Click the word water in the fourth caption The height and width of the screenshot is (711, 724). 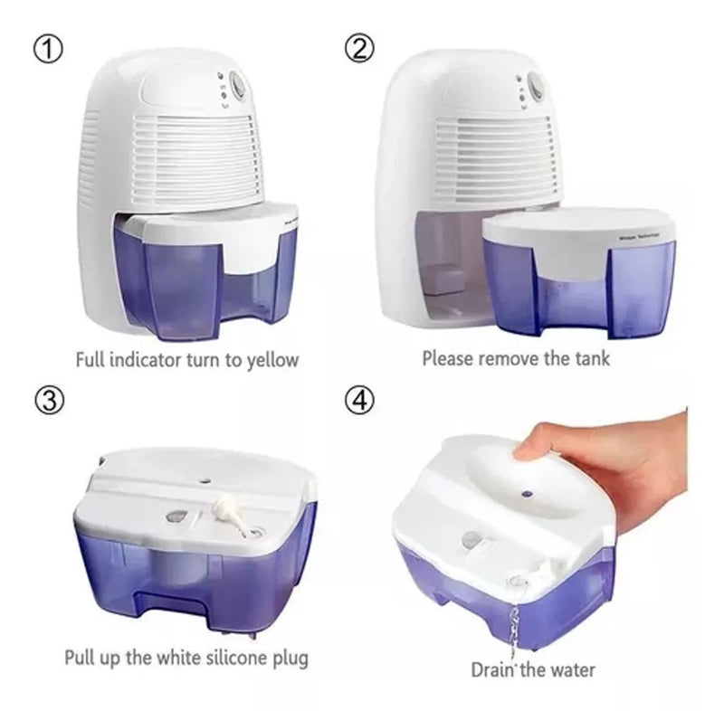[571, 669]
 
